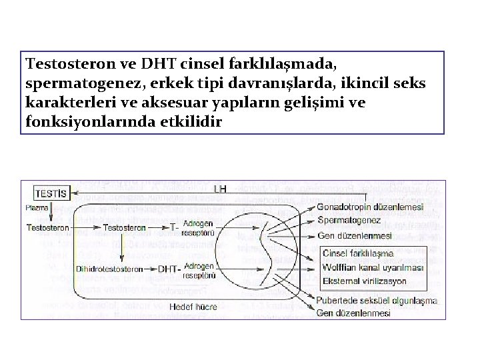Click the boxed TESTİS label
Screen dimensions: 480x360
tap(50, 193)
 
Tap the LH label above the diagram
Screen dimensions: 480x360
tap(220, 189)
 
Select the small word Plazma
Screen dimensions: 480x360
tap(36, 208)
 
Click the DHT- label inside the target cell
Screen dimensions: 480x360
tap(167, 269)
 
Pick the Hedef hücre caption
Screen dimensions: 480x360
tap(193, 307)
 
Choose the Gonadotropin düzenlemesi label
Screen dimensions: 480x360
tap(371, 207)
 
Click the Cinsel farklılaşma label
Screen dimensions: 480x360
tap(357, 253)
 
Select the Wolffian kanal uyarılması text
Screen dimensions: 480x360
tap(373, 267)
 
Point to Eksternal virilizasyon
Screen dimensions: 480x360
tap(365, 281)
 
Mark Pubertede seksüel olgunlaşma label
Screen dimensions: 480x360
tap(377, 301)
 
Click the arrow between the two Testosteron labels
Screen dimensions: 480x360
tap(86, 228)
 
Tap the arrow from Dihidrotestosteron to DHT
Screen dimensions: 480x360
tap(150, 269)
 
